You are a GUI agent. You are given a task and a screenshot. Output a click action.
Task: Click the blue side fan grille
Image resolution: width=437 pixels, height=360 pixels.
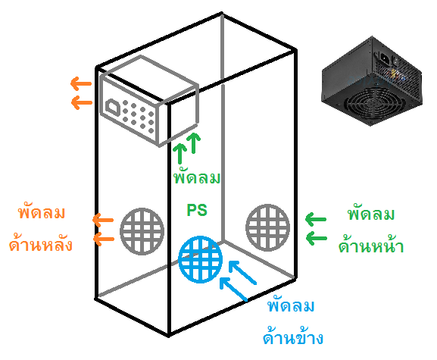pos(201,259)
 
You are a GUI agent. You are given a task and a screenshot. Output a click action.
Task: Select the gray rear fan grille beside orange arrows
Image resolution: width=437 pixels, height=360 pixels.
pos(142,231)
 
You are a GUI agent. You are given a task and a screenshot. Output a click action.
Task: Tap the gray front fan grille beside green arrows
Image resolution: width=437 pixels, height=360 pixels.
pos(268,227)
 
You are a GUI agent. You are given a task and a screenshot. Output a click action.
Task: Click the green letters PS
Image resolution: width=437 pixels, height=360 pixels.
pos(197,210)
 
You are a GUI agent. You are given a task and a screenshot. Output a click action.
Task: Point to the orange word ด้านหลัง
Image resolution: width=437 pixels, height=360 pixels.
pos(41,244)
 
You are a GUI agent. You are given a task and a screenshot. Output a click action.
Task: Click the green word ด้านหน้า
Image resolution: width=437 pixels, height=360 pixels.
pos(371,246)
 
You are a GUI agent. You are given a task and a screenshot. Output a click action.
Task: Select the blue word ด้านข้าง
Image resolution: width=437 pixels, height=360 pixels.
pos(293,337)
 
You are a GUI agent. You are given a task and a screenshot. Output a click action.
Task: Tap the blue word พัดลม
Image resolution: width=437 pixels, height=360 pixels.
pos(291,305)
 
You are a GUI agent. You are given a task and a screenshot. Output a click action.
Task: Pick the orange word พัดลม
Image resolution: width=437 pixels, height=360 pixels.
pos(42,212)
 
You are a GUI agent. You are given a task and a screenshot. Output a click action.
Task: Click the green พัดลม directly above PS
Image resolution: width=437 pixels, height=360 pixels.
pos(197,177)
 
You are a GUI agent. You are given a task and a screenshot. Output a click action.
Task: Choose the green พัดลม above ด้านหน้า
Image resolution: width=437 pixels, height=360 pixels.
pos(371,214)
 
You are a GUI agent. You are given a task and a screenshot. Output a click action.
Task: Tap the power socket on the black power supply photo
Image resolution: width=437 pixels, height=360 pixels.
pos(385,58)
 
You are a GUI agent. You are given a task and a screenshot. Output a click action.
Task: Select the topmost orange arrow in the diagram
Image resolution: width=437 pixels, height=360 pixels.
pos(81,83)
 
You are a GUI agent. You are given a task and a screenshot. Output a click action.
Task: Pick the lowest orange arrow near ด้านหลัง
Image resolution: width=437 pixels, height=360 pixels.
pos(104,239)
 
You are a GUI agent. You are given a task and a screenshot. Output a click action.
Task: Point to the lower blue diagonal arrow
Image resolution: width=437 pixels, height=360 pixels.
pos(233,289)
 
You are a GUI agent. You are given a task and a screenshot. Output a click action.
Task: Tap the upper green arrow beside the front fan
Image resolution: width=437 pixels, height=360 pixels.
pos(316,219)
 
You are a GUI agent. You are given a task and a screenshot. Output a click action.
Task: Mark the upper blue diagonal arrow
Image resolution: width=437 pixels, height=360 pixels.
pos(242,272)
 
